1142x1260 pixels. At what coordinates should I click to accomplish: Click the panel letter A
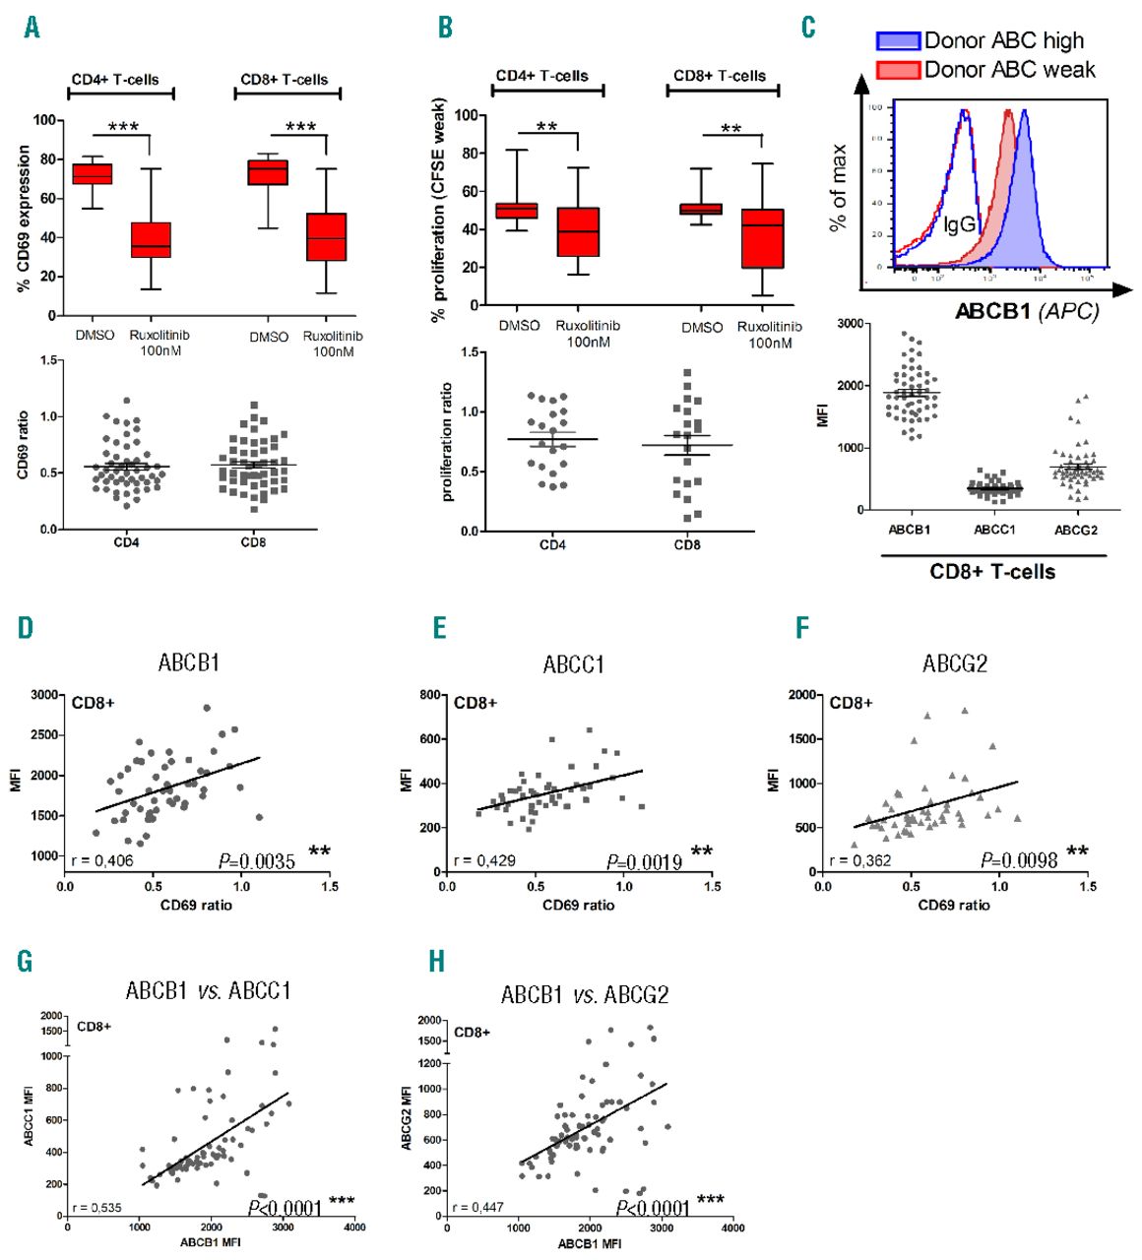[32, 28]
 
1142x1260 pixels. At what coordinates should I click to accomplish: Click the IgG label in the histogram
[960, 224]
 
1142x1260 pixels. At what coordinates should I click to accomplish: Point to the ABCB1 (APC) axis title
[1027, 311]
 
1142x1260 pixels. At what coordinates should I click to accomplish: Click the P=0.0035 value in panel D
[257, 862]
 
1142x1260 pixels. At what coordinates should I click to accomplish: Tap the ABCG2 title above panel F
[954, 664]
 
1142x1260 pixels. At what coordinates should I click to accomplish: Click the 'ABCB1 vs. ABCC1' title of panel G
[208, 990]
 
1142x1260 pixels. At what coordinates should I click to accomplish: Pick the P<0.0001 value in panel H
[653, 1208]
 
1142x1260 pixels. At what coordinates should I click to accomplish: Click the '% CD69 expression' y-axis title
[24, 219]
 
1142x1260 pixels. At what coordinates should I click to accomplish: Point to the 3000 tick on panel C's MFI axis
[850, 323]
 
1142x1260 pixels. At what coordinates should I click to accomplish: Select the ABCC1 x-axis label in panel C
[994, 530]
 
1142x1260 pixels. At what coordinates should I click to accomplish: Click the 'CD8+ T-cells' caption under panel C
[992, 572]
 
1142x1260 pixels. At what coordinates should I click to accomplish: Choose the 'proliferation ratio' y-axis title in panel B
[448, 442]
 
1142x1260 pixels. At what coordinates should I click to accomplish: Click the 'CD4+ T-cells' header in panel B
[541, 76]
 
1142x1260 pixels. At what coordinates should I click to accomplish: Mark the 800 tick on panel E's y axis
[430, 695]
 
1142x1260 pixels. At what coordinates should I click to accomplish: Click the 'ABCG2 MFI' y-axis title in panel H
[406, 1117]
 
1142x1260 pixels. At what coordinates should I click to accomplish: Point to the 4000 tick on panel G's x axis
[354, 1228]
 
